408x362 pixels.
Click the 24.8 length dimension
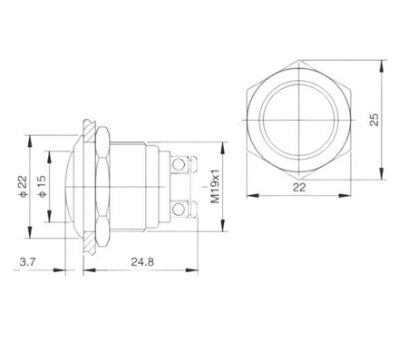coord(142,262)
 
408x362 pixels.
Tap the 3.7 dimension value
coord(28,262)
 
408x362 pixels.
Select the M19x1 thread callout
coord(215,186)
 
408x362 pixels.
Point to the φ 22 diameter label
coord(23,187)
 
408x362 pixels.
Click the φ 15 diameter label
coord(42,187)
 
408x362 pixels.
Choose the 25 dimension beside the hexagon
coord(374,120)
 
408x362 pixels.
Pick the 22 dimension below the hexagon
coord(299,188)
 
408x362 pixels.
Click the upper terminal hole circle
coord(178,164)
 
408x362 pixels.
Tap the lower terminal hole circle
coord(179,209)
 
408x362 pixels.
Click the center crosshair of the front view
coord(299,120)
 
